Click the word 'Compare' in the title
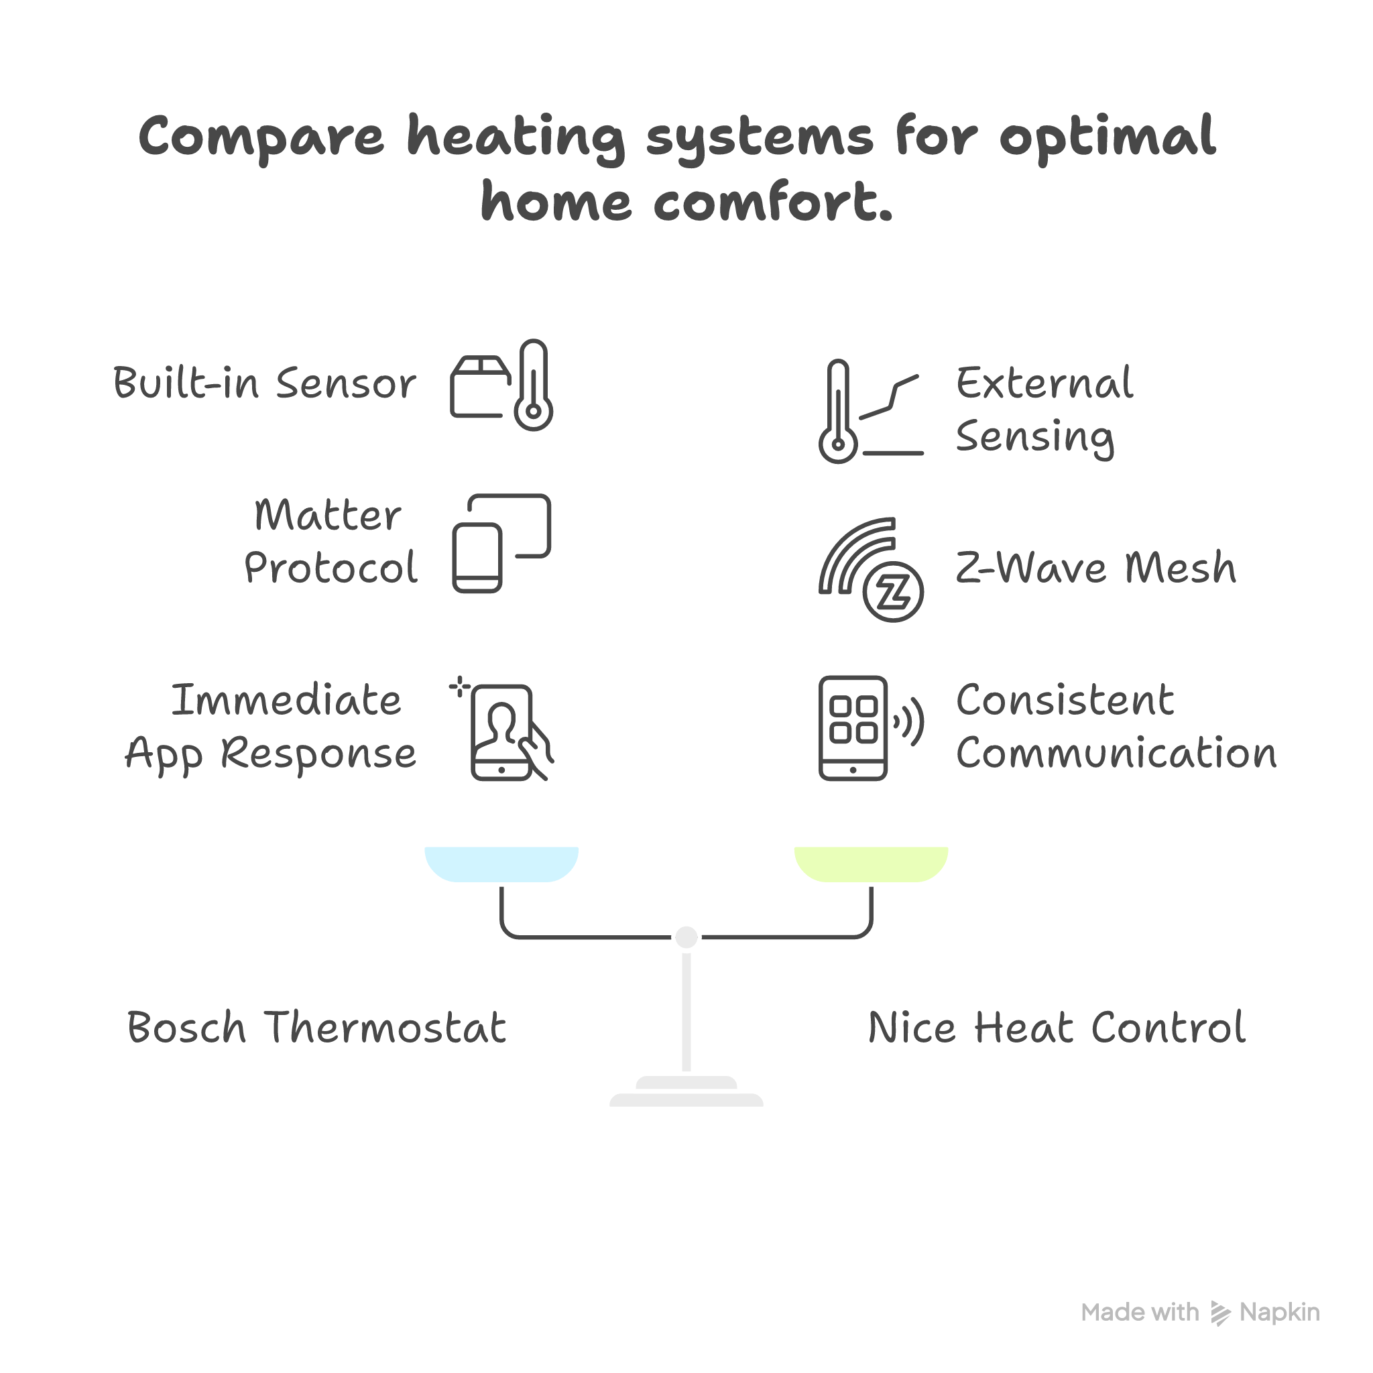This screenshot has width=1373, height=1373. [x=261, y=137]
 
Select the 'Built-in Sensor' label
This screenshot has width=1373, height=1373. [x=264, y=383]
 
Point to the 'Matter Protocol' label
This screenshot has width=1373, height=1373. [x=331, y=542]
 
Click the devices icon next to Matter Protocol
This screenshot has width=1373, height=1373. [x=501, y=543]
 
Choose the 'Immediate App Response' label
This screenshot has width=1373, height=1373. [x=271, y=726]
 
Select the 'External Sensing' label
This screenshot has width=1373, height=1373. [x=1044, y=410]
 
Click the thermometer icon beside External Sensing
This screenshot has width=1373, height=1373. [x=839, y=412]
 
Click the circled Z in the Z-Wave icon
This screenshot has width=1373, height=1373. [x=893, y=591]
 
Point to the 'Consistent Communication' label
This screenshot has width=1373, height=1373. [x=1116, y=726]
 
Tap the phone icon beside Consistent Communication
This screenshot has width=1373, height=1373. [x=853, y=729]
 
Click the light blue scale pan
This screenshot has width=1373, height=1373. [x=501, y=863]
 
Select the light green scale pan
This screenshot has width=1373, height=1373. [x=872, y=863]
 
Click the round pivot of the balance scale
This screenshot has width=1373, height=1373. [x=686, y=937]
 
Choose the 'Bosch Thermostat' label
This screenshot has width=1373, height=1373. [x=317, y=1028]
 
